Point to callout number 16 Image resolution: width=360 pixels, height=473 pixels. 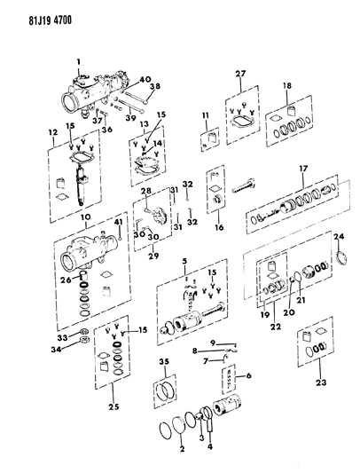[x=216, y=227]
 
